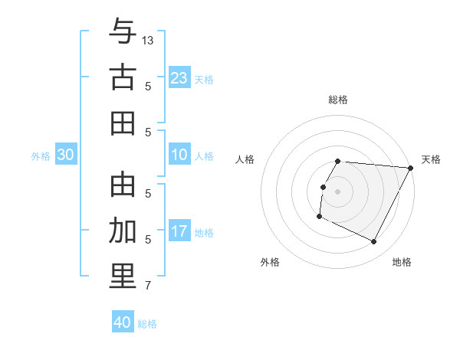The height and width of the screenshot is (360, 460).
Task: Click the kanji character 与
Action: (x=123, y=33)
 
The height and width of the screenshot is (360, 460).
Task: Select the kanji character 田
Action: (x=123, y=122)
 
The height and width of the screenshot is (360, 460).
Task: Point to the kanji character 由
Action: (x=123, y=185)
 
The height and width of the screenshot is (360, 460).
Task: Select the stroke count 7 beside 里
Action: (x=148, y=286)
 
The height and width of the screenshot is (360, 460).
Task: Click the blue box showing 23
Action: (x=179, y=77)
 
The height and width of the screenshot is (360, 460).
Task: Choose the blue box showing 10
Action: (x=179, y=155)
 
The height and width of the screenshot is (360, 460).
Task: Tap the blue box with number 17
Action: (x=179, y=231)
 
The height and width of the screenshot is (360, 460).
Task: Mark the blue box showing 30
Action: (x=66, y=155)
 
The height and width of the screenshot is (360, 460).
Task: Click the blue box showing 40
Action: (x=123, y=322)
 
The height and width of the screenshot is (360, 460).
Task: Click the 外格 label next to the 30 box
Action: (x=41, y=156)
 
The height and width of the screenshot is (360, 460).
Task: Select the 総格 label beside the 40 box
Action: (x=147, y=324)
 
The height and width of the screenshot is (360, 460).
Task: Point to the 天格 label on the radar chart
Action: (x=431, y=159)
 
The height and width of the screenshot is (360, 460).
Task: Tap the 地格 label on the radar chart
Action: (x=402, y=262)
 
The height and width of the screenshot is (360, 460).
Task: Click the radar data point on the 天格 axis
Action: (x=411, y=168)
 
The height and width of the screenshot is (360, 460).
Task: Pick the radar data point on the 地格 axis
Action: (x=374, y=242)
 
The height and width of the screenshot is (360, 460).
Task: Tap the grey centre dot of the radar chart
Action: (x=337, y=191)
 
